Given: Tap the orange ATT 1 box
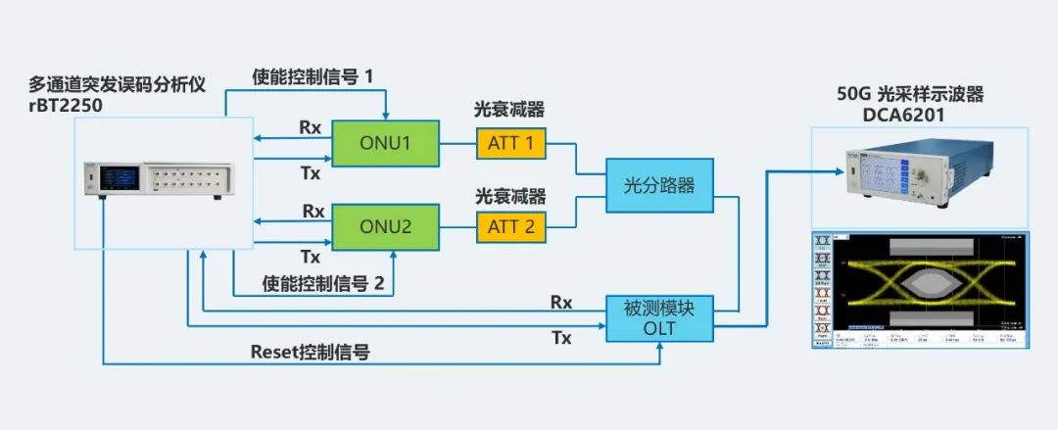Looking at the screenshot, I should (511, 144).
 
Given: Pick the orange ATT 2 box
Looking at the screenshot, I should (511, 227).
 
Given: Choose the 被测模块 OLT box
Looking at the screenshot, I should (658, 318).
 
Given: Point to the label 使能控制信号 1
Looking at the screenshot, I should (313, 75).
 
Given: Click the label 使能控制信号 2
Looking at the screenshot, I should (322, 284).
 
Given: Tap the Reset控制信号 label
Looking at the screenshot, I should (311, 351).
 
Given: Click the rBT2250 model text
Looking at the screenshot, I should (70, 105).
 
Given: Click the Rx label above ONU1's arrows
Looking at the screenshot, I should (312, 127).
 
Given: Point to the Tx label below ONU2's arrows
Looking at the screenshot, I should (311, 257).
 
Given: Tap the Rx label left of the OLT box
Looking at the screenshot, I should (561, 303).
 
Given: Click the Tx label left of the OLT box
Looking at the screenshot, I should (561, 337).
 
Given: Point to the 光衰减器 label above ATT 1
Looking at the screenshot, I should (510, 111).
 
